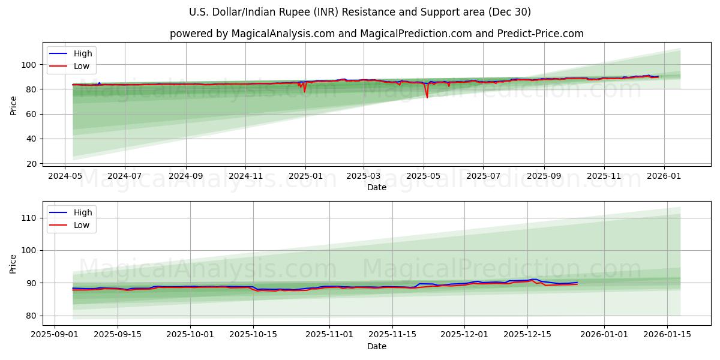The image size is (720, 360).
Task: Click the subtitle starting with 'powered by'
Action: click(x=376, y=34)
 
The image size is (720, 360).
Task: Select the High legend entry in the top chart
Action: click(x=82, y=53)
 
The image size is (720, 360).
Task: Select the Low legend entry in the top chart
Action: click(x=81, y=66)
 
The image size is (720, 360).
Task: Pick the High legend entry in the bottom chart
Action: click(x=82, y=212)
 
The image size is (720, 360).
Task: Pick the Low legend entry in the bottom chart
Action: click(x=81, y=225)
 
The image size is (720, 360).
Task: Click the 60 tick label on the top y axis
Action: click(x=31, y=114)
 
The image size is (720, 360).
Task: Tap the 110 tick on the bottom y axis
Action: click(x=28, y=218)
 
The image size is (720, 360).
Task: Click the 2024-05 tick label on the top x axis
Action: click(x=65, y=176)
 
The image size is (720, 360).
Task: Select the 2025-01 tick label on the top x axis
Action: click(x=305, y=176)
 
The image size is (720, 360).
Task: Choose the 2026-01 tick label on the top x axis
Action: click(x=664, y=176)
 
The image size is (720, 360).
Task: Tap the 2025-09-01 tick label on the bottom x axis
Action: click(x=55, y=335)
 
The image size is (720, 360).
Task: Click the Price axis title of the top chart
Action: click(x=13, y=106)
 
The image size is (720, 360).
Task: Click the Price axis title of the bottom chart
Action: click(x=13, y=264)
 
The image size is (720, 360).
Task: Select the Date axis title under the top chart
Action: click(x=376, y=187)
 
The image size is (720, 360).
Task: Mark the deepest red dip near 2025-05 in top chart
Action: click(x=427, y=97)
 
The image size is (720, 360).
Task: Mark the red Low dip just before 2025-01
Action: click(x=304, y=92)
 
